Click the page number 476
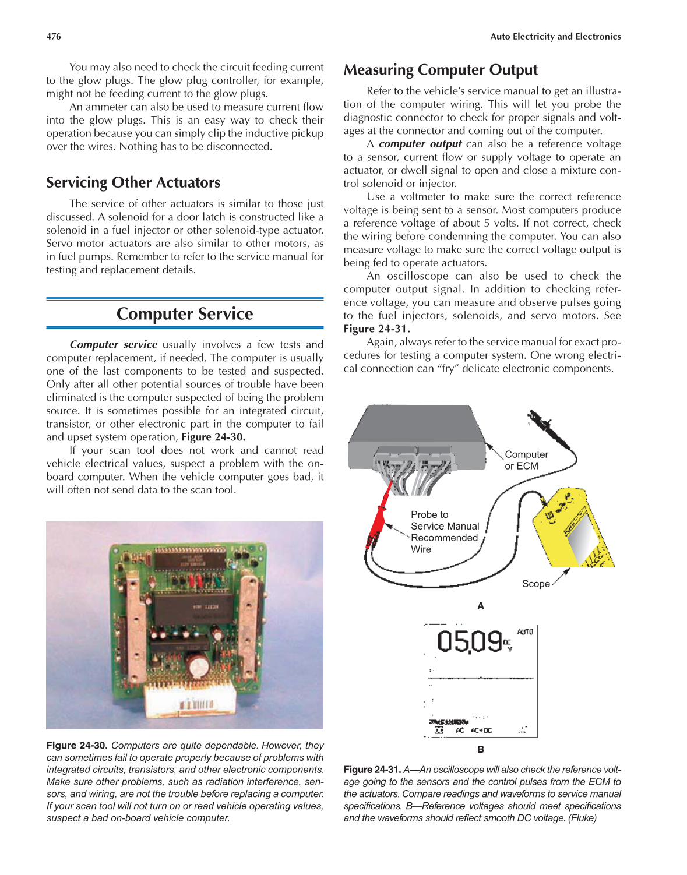click(54, 37)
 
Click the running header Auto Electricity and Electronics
click(555, 37)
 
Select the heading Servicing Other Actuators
click(133, 183)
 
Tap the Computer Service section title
click(185, 314)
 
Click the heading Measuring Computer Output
click(440, 70)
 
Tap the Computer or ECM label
click(526, 460)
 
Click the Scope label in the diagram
click(535, 584)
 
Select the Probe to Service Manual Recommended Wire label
click(444, 532)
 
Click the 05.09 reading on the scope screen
click(469, 641)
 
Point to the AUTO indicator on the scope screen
click(524, 631)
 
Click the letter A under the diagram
click(480, 606)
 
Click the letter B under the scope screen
click(480, 750)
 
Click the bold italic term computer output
click(420, 144)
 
